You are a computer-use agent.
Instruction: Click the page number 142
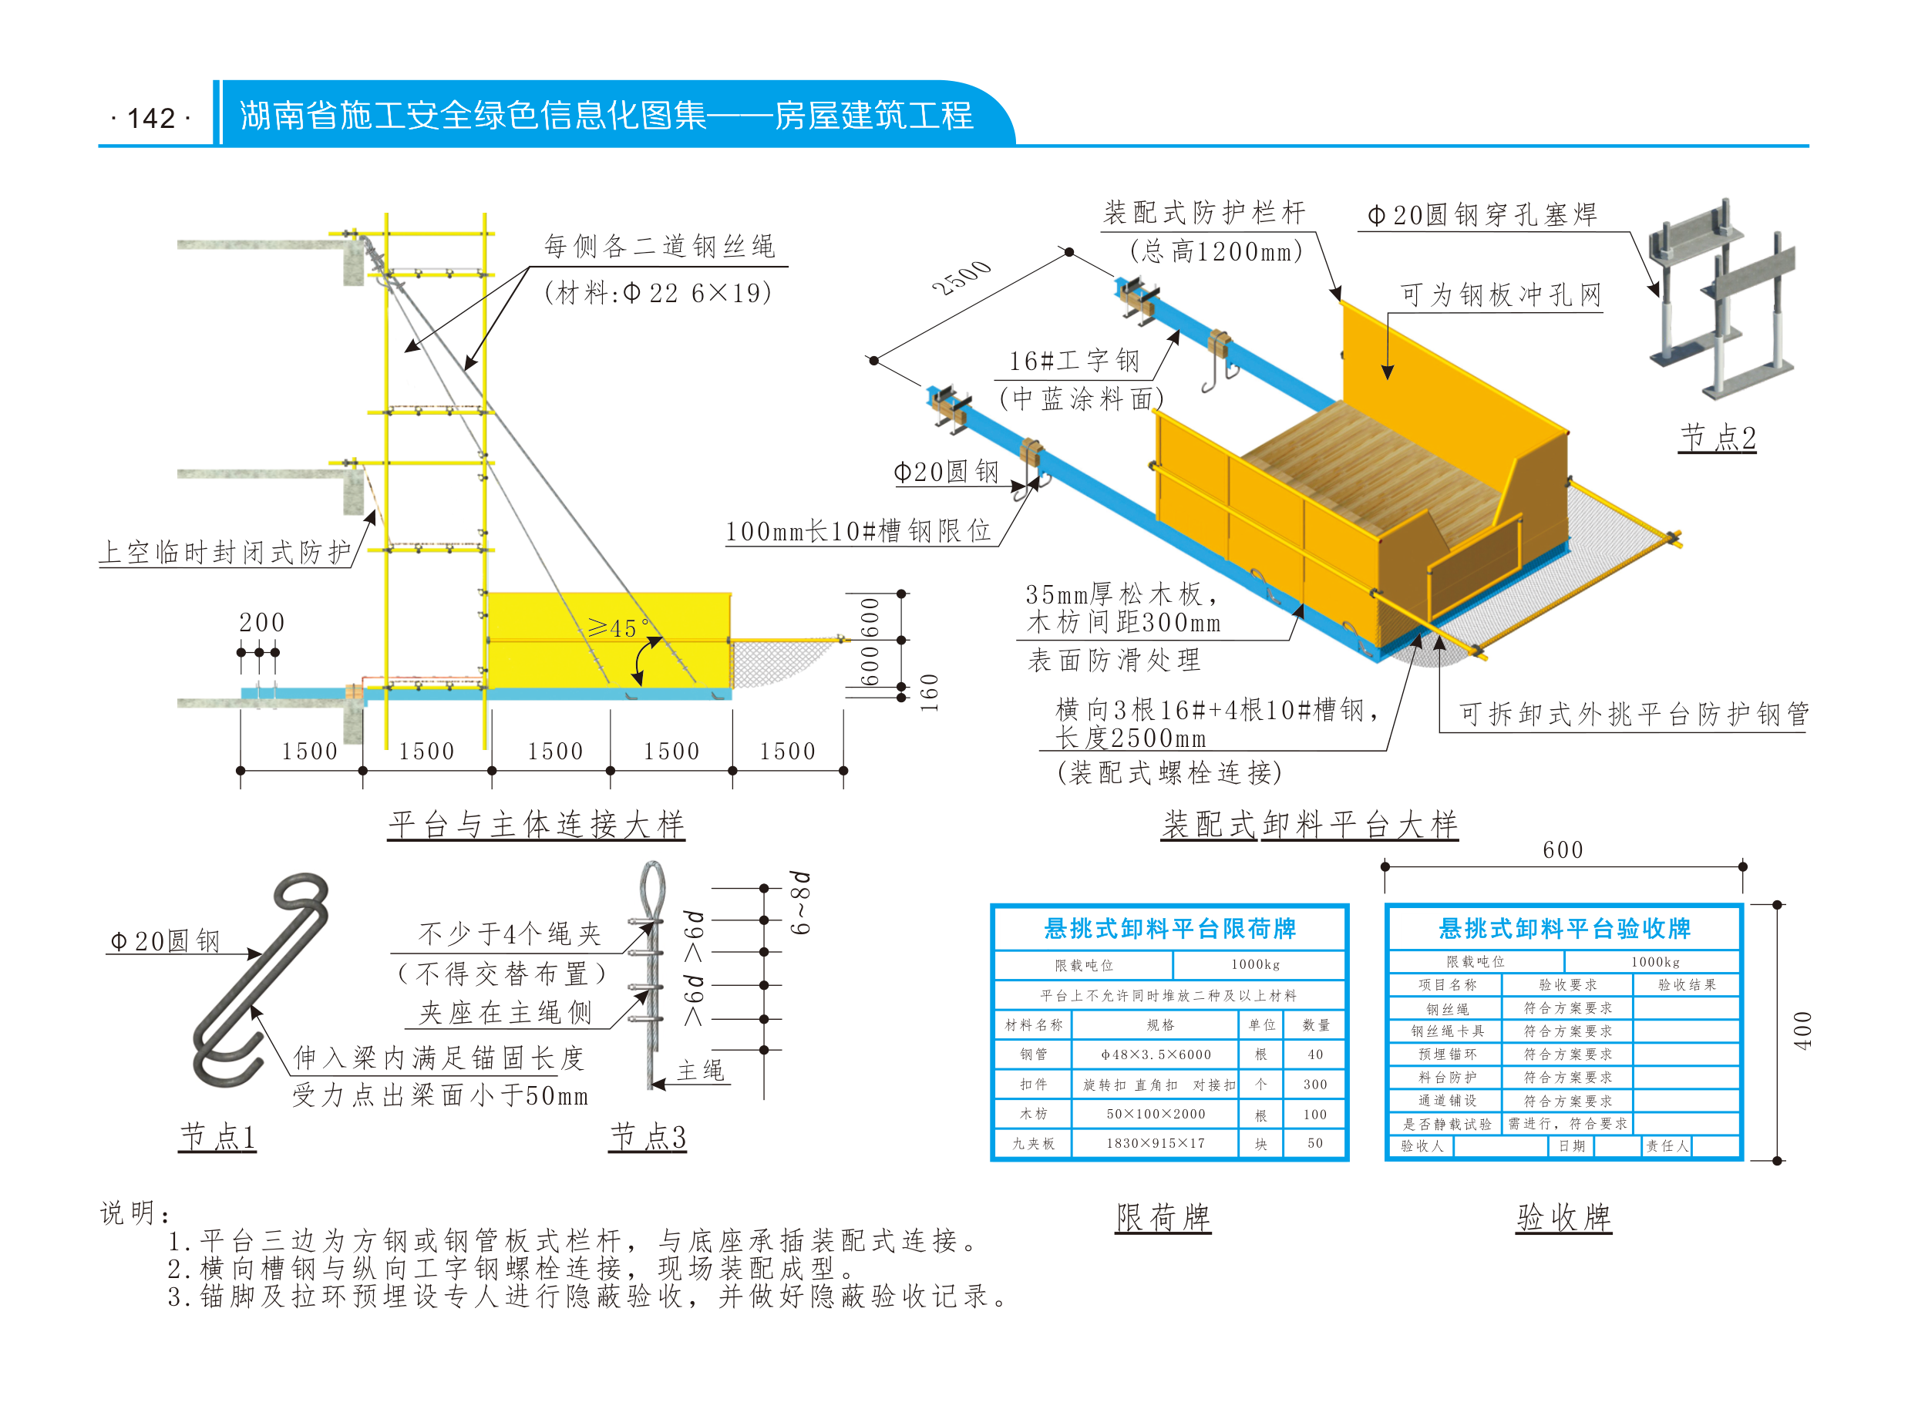(x=151, y=117)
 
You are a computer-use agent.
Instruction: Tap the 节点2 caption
(x=1717, y=437)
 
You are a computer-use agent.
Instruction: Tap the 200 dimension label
(x=261, y=622)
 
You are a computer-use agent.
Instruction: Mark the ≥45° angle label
(x=617, y=628)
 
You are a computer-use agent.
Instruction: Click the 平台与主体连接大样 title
(x=536, y=824)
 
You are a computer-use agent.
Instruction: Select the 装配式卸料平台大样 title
(x=1310, y=824)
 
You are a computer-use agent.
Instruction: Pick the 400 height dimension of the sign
(x=1802, y=1031)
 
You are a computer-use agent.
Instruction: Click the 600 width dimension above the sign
(x=1563, y=849)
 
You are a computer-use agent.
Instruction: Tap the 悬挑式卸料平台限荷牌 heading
(x=1170, y=928)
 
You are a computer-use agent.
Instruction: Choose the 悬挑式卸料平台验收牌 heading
(x=1564, y=928)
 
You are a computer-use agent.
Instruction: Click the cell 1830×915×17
(x=1156, y=1142)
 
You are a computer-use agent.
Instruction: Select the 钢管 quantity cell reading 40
(x=1315, y=1054)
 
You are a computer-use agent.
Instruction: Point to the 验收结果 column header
(x=1687, y=985)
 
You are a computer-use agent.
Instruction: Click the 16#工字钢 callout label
(x=1074, y=361)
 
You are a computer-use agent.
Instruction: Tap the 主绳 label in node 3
(x=702, y=1070)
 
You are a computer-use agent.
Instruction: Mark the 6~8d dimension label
(x=799, y=903)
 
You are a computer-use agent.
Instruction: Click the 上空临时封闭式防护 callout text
(x=225, y=552)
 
